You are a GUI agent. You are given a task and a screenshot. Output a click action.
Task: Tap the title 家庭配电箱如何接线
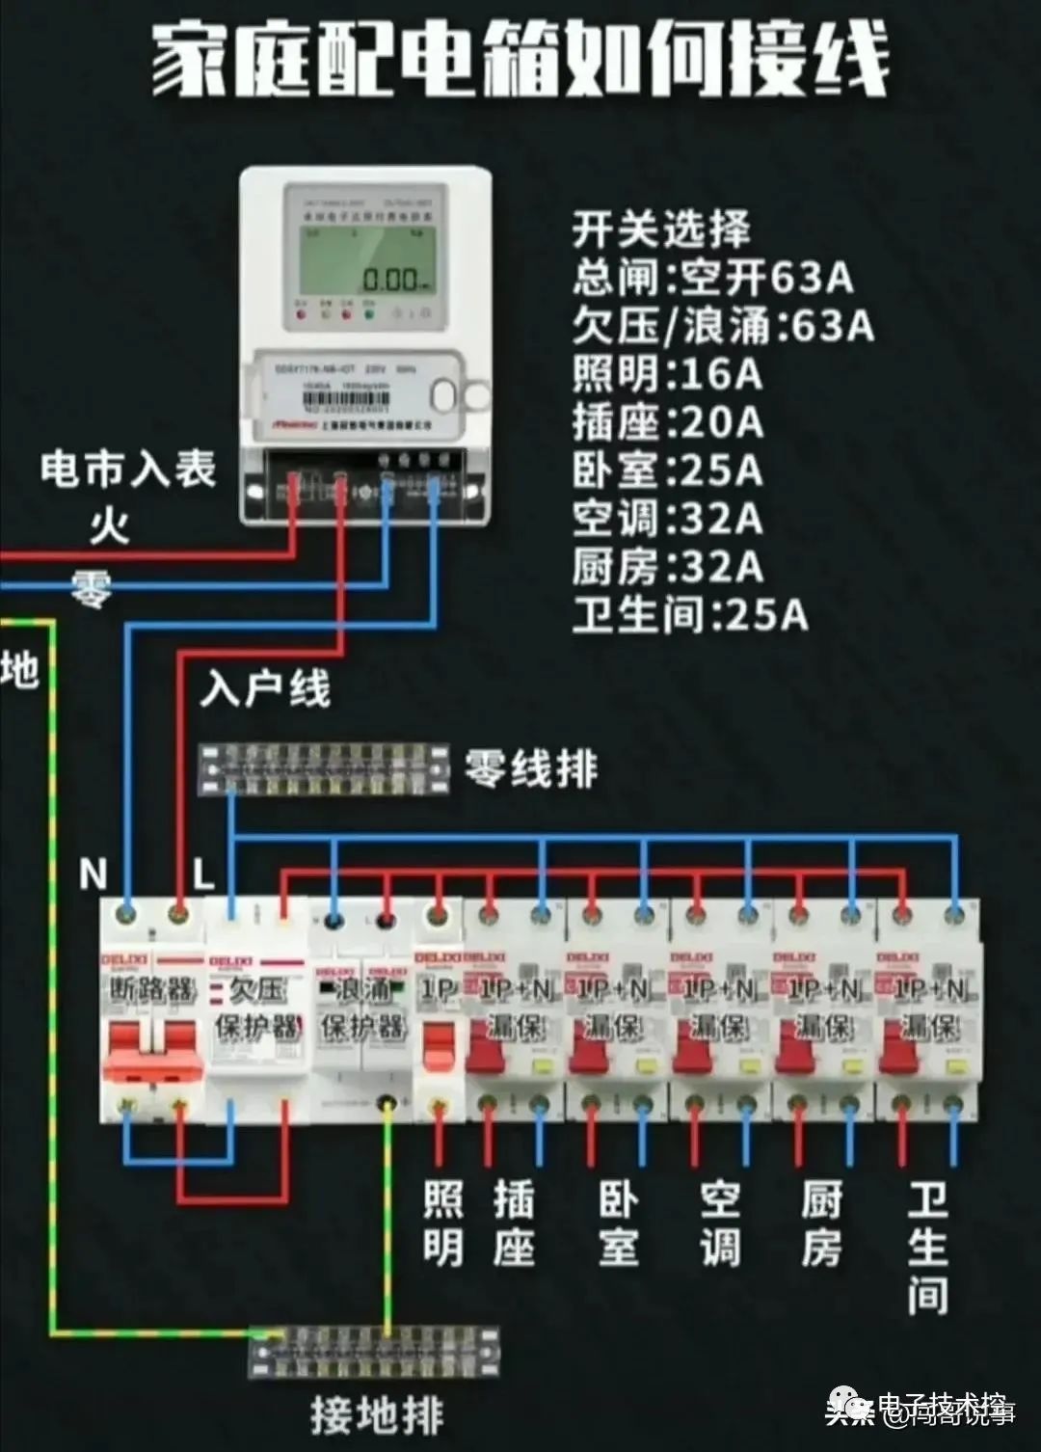[520, 60]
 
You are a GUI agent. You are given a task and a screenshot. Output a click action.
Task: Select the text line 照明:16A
[667, 374]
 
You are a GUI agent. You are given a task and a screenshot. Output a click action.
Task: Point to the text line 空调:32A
[667, 519]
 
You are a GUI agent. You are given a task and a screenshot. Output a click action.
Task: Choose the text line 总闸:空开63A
[712, 278]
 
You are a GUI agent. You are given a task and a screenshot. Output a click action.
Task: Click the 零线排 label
[531, 769]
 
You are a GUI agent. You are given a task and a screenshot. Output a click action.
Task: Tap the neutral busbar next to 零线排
[324, 768]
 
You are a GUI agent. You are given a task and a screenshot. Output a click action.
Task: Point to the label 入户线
[265, 689]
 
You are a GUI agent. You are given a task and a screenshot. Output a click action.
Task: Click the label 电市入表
[128, 471]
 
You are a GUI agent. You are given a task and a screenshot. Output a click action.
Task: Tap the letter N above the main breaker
[93, 874]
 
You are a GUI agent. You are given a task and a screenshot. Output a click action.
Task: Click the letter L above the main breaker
[202, 874]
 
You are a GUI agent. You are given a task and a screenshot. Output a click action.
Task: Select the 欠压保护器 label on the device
[257, 1008]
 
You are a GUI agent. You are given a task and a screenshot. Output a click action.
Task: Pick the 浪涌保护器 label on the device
[362, 1008]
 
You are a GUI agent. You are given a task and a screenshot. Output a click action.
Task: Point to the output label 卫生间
[927, 1249]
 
